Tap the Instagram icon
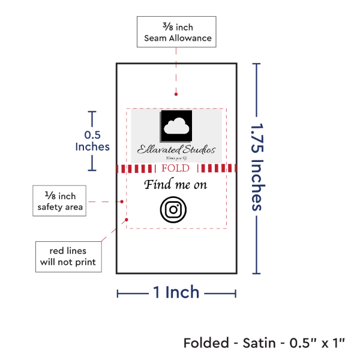(173, 209)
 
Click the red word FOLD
(175, 168)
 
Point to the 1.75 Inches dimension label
(258, 166)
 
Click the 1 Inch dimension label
(176, 292)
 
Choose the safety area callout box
(59, 201)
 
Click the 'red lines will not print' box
(67, 256)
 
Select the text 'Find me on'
(175, 185)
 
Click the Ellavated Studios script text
(176, 149)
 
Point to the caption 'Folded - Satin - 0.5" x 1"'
(265, 343)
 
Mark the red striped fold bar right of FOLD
(214, 169)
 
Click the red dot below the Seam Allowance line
(175, 94)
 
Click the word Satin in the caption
(260, 343)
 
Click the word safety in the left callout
(50, 207)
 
